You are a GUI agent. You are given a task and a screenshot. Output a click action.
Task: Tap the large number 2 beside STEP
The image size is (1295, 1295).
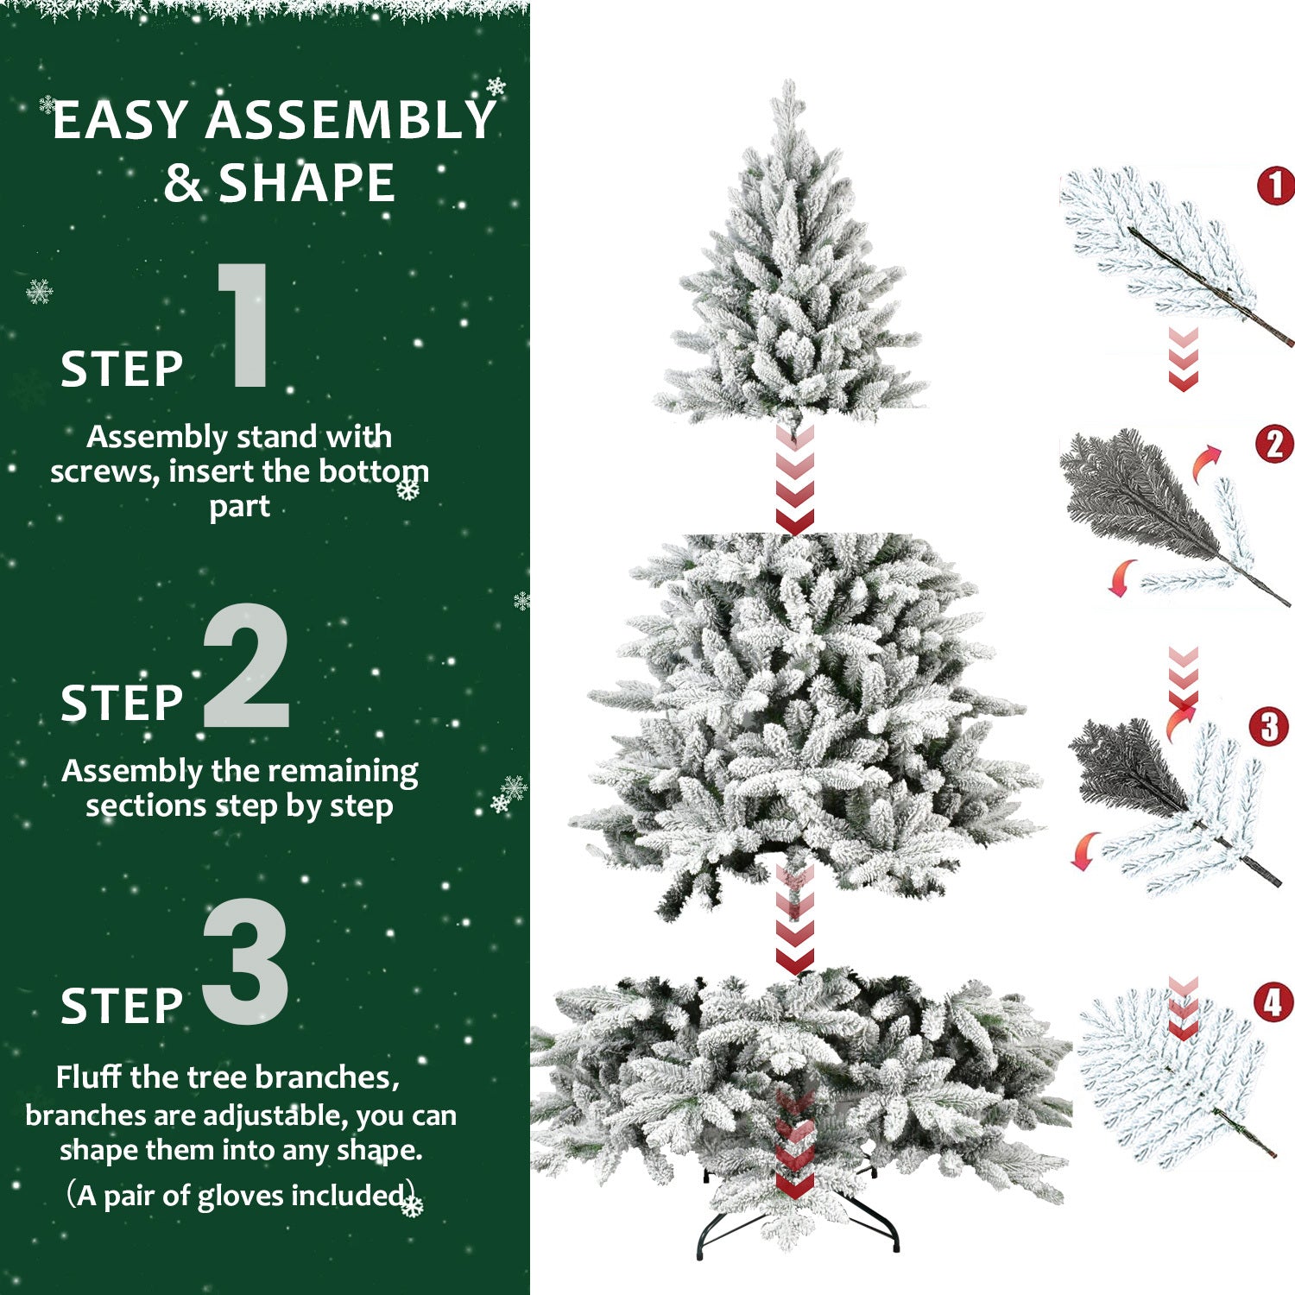(x=246, y=666)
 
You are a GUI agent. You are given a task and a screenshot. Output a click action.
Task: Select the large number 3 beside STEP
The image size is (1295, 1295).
(x=246, y=962)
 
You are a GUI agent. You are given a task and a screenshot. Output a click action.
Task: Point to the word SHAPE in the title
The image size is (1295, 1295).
(x=306, y=183)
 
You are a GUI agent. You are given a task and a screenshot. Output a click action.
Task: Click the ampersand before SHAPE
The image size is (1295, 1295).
(x=182, y=184)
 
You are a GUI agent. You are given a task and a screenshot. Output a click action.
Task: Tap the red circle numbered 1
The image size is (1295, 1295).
(x=1275, y=186)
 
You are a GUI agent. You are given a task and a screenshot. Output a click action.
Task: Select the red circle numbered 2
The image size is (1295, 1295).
(x=1274, y=445)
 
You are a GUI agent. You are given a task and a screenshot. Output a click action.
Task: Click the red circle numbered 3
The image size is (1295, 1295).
(x=1268, y=727)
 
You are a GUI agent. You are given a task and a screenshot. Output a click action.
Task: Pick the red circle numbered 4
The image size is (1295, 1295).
(x=1273, y=1003)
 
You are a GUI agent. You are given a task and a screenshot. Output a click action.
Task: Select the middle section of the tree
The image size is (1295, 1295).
(x=803, y=717)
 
